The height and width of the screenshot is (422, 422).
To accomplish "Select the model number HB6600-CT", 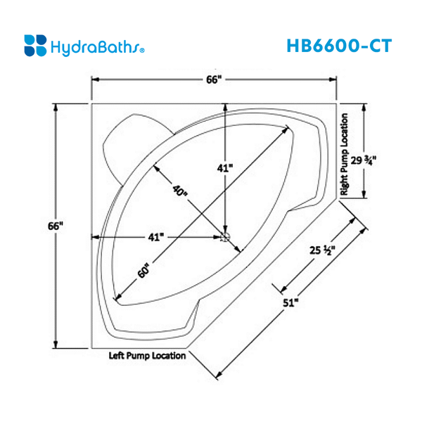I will point(338,45).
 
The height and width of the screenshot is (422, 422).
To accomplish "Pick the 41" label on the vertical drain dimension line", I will point(224,168).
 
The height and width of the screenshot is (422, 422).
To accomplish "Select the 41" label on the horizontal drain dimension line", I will point(156,237).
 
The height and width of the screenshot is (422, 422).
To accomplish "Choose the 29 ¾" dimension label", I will point(364,160).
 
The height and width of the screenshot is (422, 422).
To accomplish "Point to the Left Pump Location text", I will point(147,356).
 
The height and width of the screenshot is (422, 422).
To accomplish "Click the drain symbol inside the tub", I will point(225,237).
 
